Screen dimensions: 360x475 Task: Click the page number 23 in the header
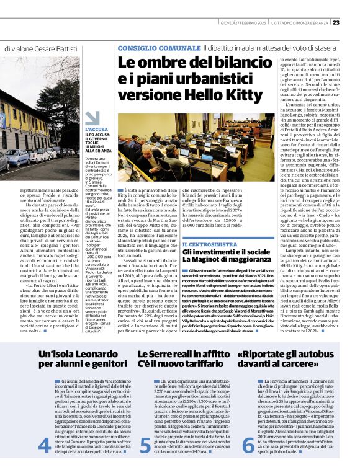353,23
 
